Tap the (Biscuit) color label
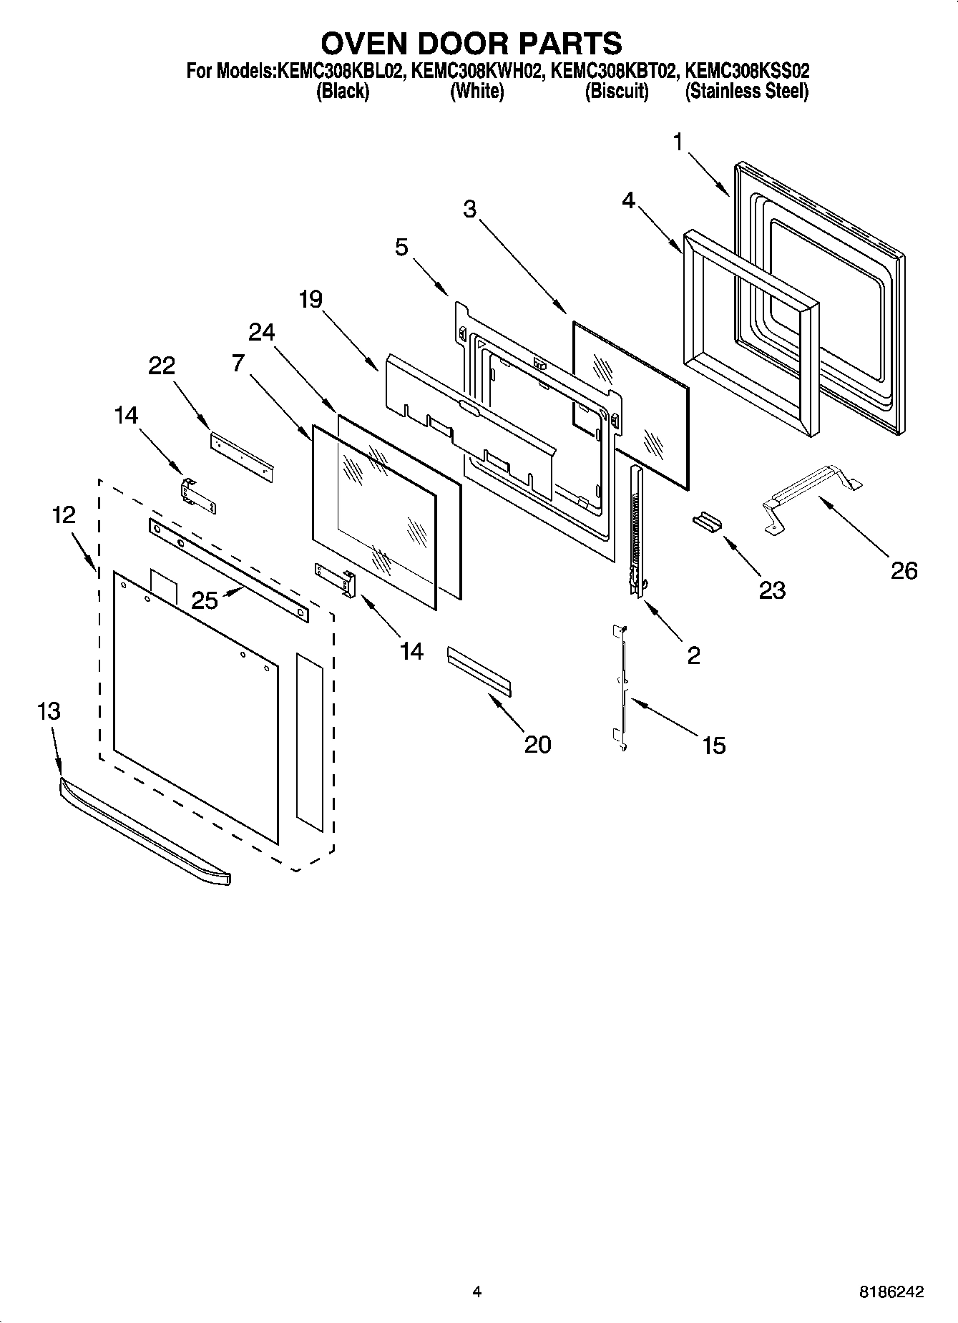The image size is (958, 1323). (x=616, y=92)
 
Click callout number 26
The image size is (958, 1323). (x=903, y=571)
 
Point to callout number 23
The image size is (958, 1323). (x=771, y=590)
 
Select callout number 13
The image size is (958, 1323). (x=49, y=711)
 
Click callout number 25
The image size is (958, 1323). (x=204, y=600)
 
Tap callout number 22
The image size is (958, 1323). (x=162, y=366)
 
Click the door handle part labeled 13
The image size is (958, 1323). (x=143, y=833)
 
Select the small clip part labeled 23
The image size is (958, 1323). (x=707, y=522)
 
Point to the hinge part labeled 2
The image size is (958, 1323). (x=636, y=529)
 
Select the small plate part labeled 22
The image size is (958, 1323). (x=242, y=457)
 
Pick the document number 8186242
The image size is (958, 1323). (x=891, y=1292)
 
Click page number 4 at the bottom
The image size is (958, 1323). (x=476, y=1292)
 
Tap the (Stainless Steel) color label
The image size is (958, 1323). (x=746, y=92)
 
